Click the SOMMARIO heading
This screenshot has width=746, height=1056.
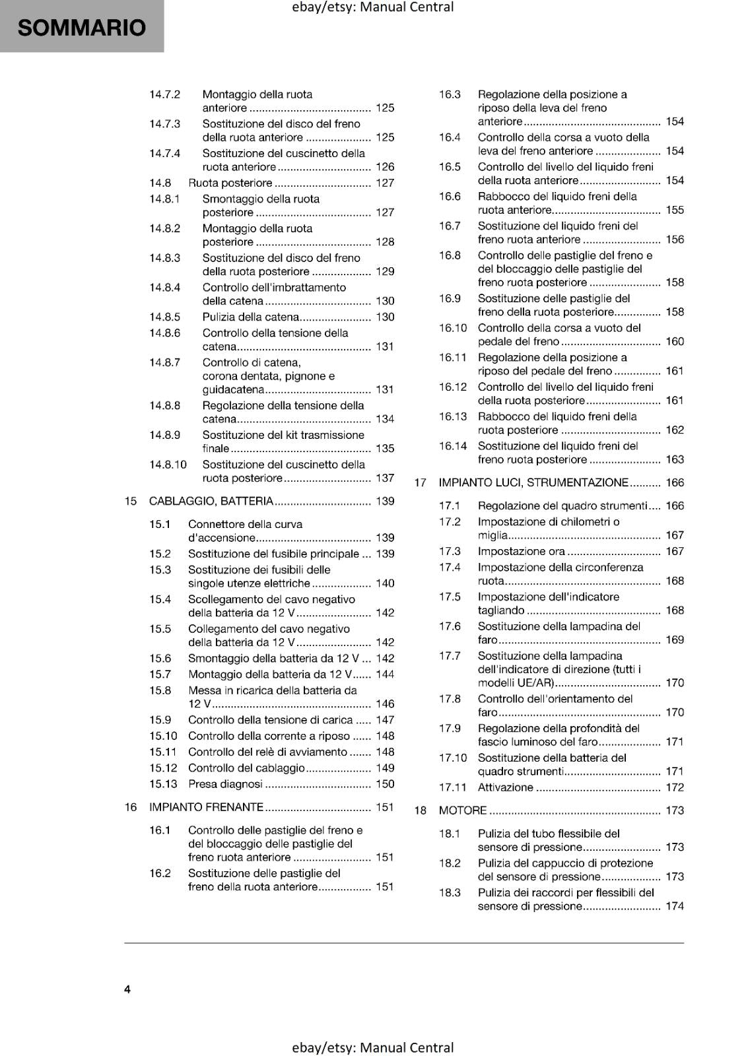[x=81, y=28]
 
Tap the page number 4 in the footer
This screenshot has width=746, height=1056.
[x=127, y=989]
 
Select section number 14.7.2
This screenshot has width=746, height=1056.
[x=164, y=94]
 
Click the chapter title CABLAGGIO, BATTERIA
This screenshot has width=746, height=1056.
[x=211, y=501]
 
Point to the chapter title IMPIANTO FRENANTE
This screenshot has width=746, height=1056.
[x=206, y=807]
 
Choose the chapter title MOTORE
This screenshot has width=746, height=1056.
[x=462, y=810]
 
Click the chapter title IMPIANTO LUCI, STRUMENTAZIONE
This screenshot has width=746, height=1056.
[x=533, y=482]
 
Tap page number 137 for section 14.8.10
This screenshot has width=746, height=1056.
[x=385, y=478]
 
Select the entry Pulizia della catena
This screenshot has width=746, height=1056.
[x=250, y=317]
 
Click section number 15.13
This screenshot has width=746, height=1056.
[x=163, y=784]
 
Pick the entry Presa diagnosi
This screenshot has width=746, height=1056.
[x=225, y=784]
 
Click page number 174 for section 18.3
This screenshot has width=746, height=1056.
[x=675, y=906]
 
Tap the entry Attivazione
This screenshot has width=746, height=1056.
[x=505, y=787]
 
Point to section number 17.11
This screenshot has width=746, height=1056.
[x=452, y=787]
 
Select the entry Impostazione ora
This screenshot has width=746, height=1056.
[x=521, y=551]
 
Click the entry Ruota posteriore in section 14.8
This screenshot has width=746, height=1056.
[x=230, y=183]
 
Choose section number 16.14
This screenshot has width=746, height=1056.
[x=452, y=446]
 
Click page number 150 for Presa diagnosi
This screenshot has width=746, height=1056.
[x=385, y=784]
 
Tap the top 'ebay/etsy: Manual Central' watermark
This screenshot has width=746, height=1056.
[x=372, y=7]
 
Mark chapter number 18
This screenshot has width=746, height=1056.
[x=420, y=810]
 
